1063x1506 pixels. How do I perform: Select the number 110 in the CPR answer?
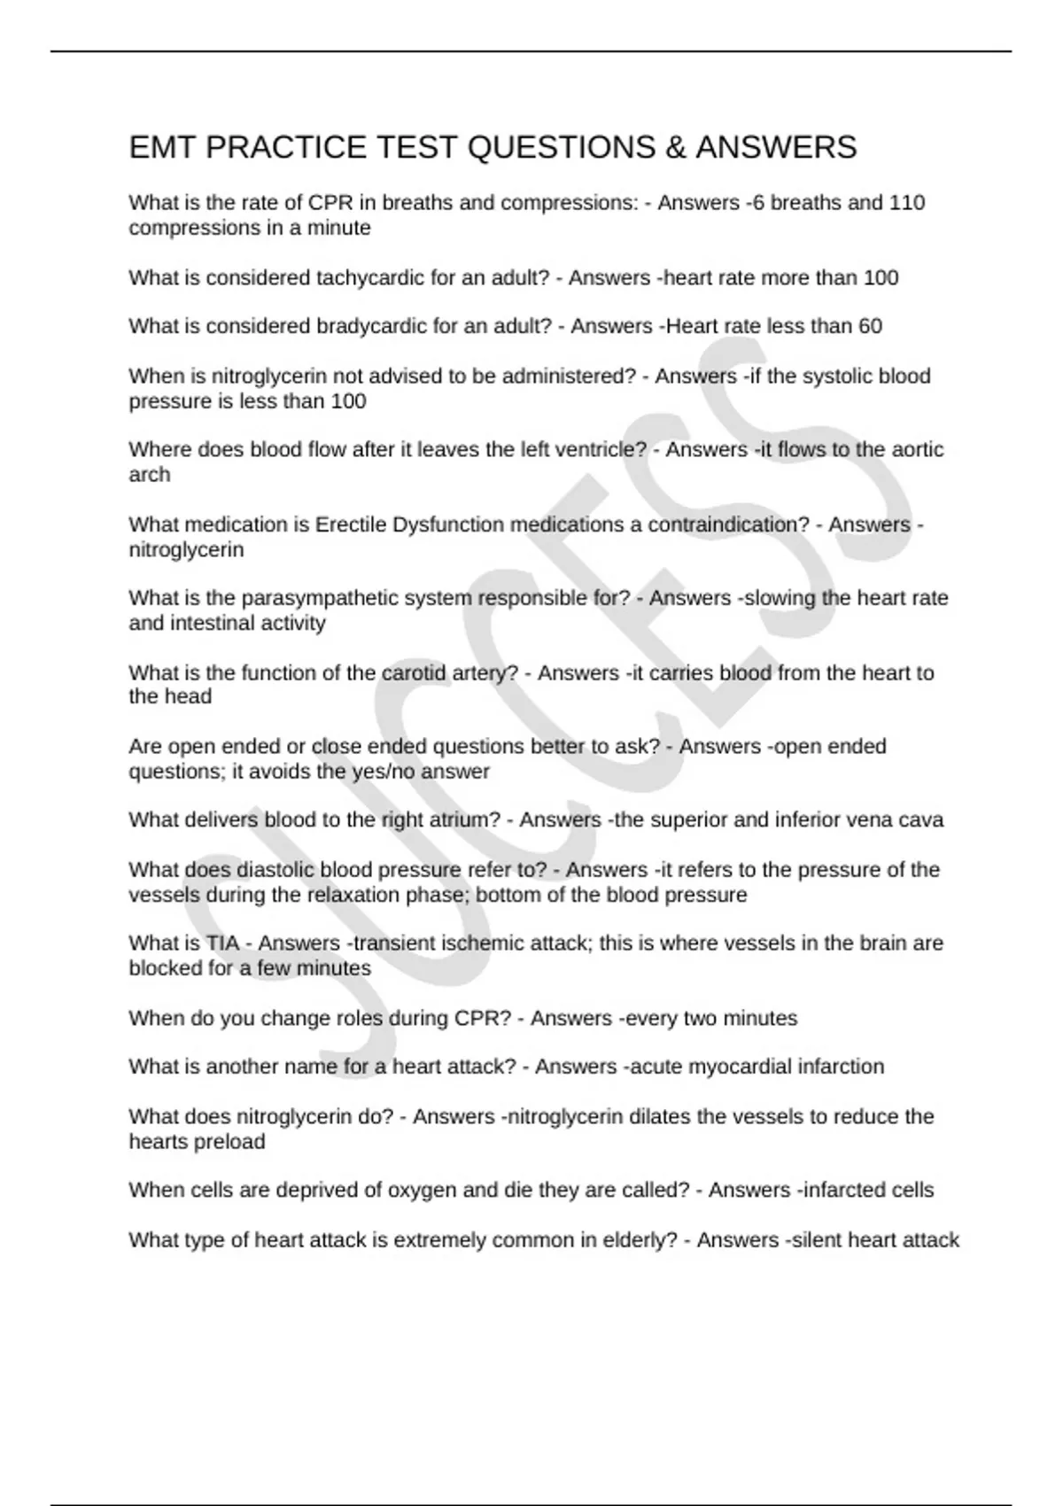(x=907, y=203)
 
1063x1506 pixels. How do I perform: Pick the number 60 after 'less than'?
(x=870, y=326)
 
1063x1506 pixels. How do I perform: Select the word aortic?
(x=918, y=450)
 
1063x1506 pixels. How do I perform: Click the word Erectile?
(x=352, y=524)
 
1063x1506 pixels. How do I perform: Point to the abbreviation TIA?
(x=222, y=943)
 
